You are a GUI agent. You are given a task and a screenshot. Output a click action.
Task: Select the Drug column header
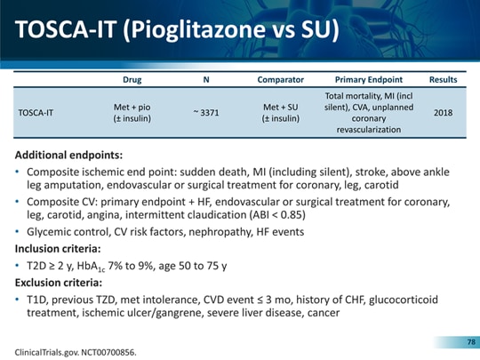(x=132, y=80)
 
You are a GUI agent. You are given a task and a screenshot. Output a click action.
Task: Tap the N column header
(x=206, y=80)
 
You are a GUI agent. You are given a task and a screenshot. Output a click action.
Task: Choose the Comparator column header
(x=280, y=80)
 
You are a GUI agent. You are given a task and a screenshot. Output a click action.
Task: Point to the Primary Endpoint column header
(x=369, y=80)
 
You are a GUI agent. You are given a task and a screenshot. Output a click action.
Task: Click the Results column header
(x=443, y=80)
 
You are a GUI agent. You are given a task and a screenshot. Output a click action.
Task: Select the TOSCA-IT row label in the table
(x=36, y=113)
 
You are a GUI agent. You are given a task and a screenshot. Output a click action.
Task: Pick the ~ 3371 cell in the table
(x=206, y=113)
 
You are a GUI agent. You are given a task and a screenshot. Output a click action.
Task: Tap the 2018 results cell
(x=443, y=113)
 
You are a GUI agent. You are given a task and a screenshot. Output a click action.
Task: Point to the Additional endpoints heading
(x=68, y=155)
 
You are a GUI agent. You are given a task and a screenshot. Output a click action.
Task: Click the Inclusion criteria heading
(x=58, y=249)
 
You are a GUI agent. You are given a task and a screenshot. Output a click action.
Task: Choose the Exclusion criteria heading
(x=59, y=283)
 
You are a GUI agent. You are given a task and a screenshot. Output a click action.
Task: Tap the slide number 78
(x=471, y=341)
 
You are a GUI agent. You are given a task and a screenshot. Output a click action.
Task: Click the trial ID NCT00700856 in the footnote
(x=108, y=352)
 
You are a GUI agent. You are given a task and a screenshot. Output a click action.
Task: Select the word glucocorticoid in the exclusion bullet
(x=404, y=300)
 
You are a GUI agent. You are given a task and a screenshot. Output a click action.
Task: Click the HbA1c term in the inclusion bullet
(x=91, y=267)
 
